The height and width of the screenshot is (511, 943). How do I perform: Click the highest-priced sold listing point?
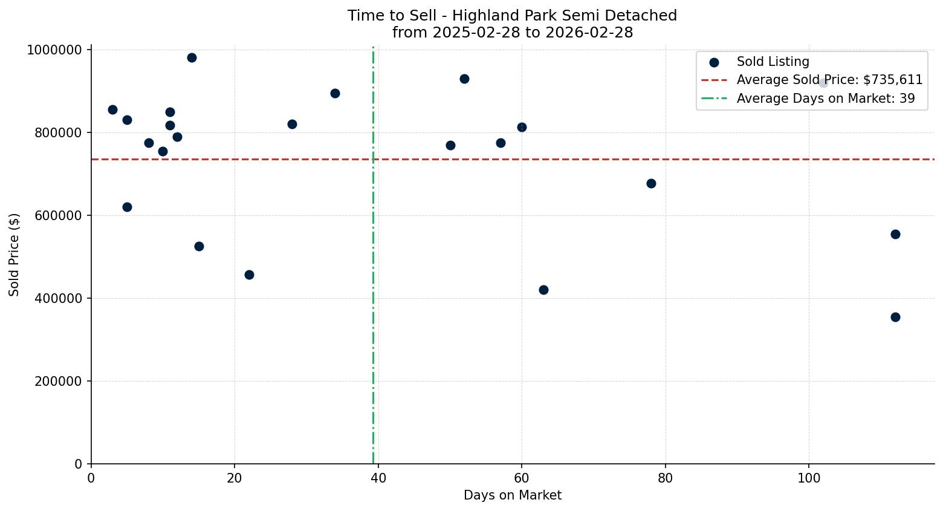point(192,58)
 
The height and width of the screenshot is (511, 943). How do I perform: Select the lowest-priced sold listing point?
point(895,317)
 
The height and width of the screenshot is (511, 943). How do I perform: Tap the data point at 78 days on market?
point(651,183)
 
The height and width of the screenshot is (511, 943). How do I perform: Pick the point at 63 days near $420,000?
point(543,290)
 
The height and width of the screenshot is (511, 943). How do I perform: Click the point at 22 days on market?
point(249,275)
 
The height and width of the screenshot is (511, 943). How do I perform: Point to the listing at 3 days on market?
point(112,109)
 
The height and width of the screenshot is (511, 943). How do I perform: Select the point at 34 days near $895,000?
point(335,93)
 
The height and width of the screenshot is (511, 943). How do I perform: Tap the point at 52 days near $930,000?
point(464,79)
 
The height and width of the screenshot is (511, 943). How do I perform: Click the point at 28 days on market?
point(292,124)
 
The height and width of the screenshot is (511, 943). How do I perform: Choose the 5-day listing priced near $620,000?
point(127,207)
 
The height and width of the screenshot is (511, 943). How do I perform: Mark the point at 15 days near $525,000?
point(199,246)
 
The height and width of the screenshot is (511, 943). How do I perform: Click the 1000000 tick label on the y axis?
point(54,50)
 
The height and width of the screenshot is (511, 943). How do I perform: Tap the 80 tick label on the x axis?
point(665,478)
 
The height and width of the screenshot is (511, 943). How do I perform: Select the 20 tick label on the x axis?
point(235,478)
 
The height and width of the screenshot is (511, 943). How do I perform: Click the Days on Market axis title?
point(513,495)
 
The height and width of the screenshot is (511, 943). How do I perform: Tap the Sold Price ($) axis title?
point(15,255)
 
